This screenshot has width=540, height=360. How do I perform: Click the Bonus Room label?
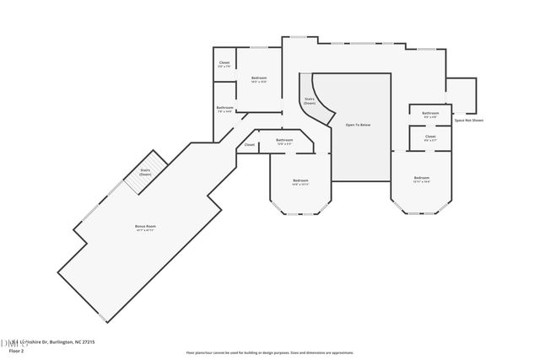146,227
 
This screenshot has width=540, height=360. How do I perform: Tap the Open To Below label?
358,125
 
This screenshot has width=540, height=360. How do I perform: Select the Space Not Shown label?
468,121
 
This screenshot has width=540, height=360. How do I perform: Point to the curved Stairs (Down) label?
310,100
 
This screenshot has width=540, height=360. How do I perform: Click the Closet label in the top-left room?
224,63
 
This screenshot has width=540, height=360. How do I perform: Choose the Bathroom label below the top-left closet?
224,107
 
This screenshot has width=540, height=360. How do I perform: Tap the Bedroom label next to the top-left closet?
259,78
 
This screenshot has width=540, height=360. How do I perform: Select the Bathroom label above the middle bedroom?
285,140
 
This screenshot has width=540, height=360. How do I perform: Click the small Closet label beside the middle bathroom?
250,145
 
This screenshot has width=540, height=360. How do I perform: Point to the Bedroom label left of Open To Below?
300,180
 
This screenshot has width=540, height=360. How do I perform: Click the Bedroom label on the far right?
422,178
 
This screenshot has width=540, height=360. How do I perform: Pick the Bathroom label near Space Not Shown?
430,113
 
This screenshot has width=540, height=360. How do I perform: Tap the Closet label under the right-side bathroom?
430,136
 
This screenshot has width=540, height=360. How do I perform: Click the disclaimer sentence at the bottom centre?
270,353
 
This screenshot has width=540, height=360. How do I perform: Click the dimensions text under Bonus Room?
146,231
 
